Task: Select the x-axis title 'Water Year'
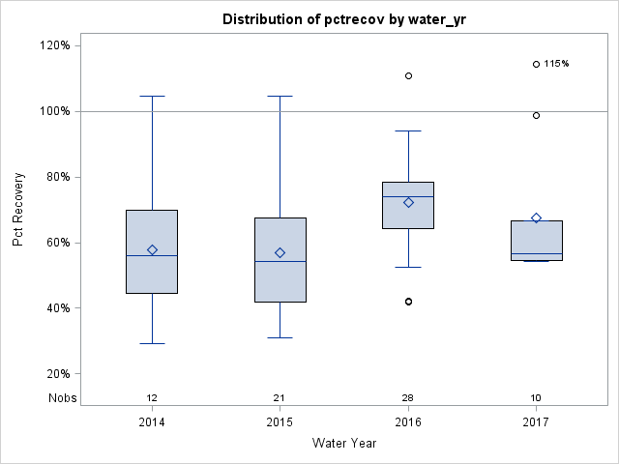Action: click(x=344, y=444)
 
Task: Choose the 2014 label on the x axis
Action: click(x=152, y=422)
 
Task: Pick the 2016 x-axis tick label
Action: click(x=408, y=422)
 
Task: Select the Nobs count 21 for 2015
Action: click(x=280, y=398)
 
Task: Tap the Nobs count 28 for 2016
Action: click(x=408, y=398)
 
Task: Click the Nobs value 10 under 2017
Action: click(x=536, y=398)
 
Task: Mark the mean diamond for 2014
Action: click(x=152, y=249)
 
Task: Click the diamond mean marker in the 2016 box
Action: click(x=408, y=202)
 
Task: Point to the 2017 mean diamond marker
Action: click(x=536, y=217)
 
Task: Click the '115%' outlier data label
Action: click(x=556, y=64)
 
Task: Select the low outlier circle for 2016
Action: click(x=408, y=302)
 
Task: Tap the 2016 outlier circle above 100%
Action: click(x=408, y=75)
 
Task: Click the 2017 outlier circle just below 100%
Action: click(x=536, y=115)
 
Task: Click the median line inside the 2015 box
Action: click(x=280, y=261)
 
